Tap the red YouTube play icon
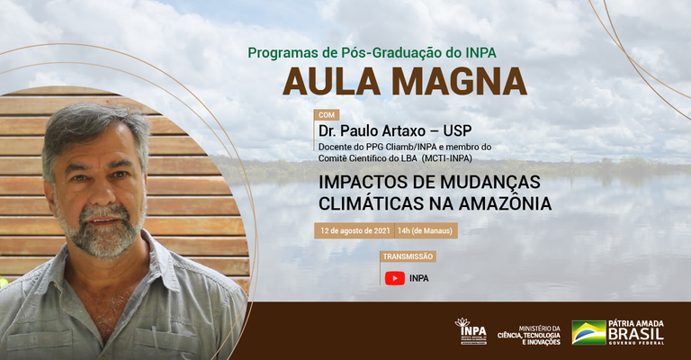[394, 278]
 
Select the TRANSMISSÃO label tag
[408, 256]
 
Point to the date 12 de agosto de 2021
[354, 231]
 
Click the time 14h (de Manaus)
[426, 231]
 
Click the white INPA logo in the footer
[471, 331]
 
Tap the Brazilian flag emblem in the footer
[589, 332]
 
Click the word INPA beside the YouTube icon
[419, 278]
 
